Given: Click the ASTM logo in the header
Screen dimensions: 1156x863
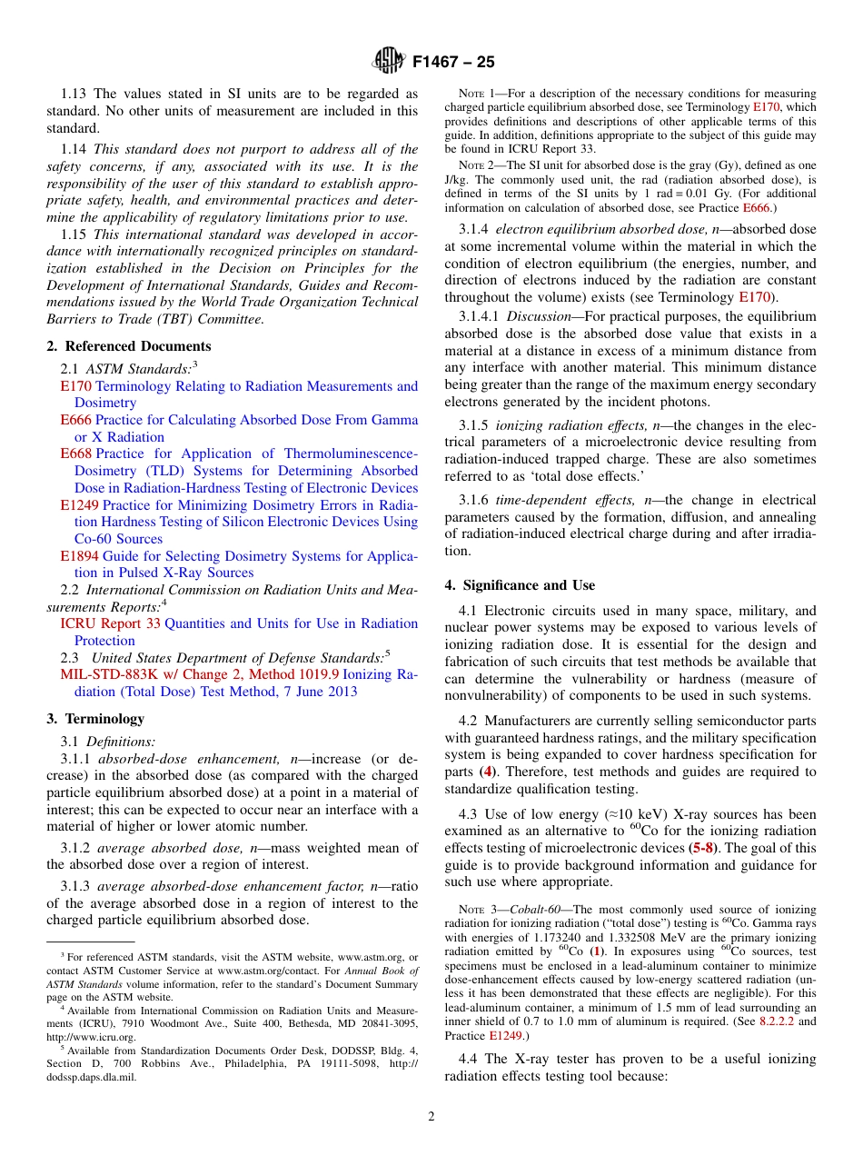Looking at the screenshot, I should [x=389, y=62].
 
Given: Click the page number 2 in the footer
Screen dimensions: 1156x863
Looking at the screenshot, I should [x=431, y=1117].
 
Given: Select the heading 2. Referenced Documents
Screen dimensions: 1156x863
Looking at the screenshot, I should [x=129, y=346].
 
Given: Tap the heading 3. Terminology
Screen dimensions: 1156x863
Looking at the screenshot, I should [x=95, y=718].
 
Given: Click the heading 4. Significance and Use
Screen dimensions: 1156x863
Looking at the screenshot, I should [x=520, y=584].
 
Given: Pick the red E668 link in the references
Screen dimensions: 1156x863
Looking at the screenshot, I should [x=75, y=453].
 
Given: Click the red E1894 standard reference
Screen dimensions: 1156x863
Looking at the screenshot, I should [x=79, y=556].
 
